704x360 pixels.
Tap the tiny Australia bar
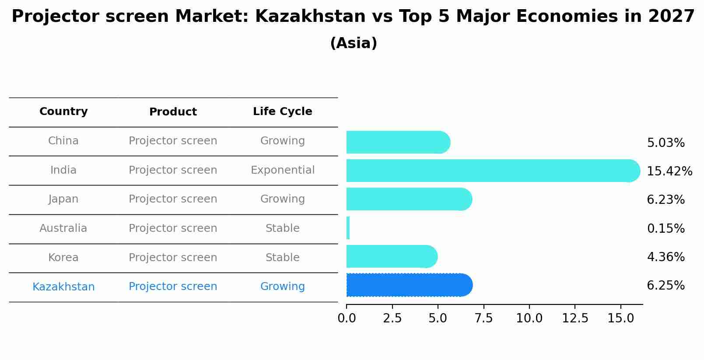[x=348, y=228]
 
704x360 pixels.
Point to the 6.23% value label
[x=665, y=200]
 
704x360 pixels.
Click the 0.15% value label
[x=665, y=228]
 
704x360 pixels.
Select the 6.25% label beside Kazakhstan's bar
[x=665, y=286]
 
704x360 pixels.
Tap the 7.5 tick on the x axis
[x=483, y=318]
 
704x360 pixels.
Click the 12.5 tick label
[x=575, y=318]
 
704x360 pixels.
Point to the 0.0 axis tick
[x=347, y=318]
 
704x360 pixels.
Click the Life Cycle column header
[x=283, y=112]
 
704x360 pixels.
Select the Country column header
[x=63, y=112]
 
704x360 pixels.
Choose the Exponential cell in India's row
[x=283, y=170]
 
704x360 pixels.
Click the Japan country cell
[x=63, y=199]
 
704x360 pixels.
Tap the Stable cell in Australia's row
[x=283, y=228]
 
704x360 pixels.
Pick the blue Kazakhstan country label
[x=63, y=287]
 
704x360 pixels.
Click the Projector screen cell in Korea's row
[x=173, y=258]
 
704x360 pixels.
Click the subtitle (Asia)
[x=354, y=43]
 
